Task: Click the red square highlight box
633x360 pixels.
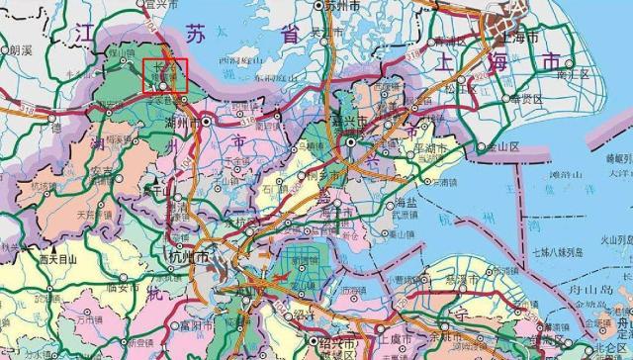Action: [164, 76]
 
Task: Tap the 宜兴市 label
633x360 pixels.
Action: [159, 5]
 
